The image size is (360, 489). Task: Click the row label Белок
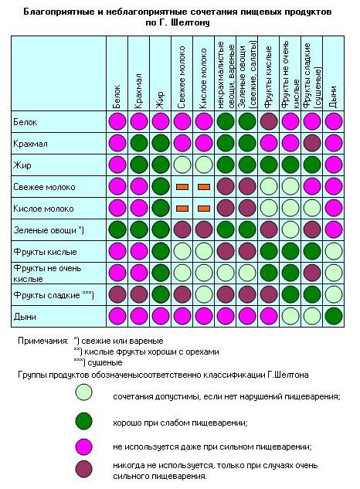(x=25, y=122)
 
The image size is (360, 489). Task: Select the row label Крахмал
(x=30, y=144)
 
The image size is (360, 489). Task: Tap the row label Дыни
(x=25, y=317)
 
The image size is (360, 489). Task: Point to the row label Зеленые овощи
(x=45, y=230)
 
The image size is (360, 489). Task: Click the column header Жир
(x=160, y=100)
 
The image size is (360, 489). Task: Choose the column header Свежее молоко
(x=182, y=77)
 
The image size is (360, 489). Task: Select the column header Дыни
(x=333, y=97)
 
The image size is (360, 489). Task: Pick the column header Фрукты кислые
(x=268, y=77)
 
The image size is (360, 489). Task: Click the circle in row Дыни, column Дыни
(x=334, y=316)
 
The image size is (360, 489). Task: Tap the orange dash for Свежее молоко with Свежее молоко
(x=182, y=187)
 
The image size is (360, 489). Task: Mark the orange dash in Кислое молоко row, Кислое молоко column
(x=204, y=209)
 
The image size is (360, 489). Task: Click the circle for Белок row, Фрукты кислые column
(x=269, y=121)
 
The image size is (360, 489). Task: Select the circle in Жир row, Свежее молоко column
(x=182, y=165)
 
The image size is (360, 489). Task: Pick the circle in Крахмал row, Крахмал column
(x=139, y=144)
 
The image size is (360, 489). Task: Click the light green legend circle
(x=84, y=392)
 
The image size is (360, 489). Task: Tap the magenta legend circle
(x=84, y=447)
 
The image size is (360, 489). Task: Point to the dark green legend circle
(x=84, y=421)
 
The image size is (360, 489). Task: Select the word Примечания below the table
(x=42, y=341)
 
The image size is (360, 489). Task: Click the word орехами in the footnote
(x=202, y=351)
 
